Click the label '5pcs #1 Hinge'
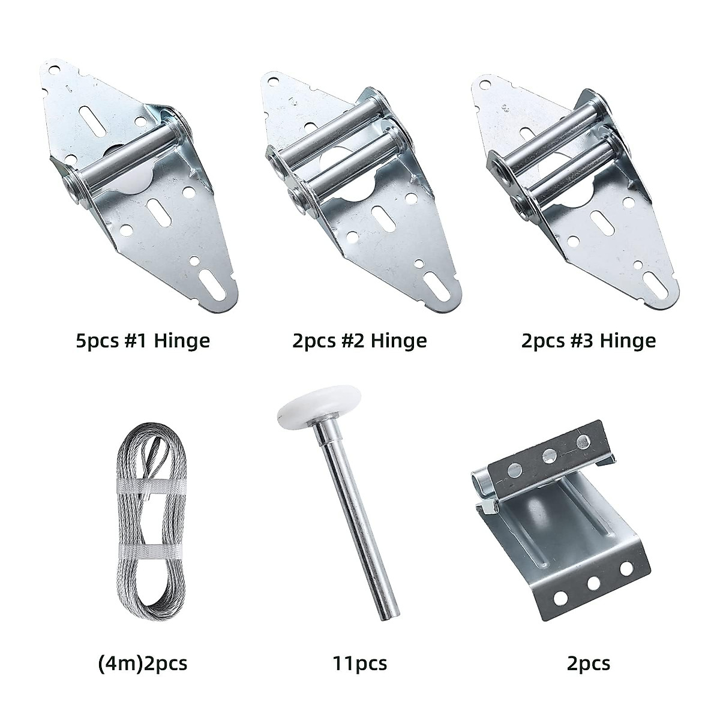pyautogui.click(x=142, y=341)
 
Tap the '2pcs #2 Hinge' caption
pyautogui.click(x=359, y=341)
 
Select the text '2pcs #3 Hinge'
pyautogui.click(x=589, y=341)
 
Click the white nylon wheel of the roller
pyautogui.click(x=307, y=415)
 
